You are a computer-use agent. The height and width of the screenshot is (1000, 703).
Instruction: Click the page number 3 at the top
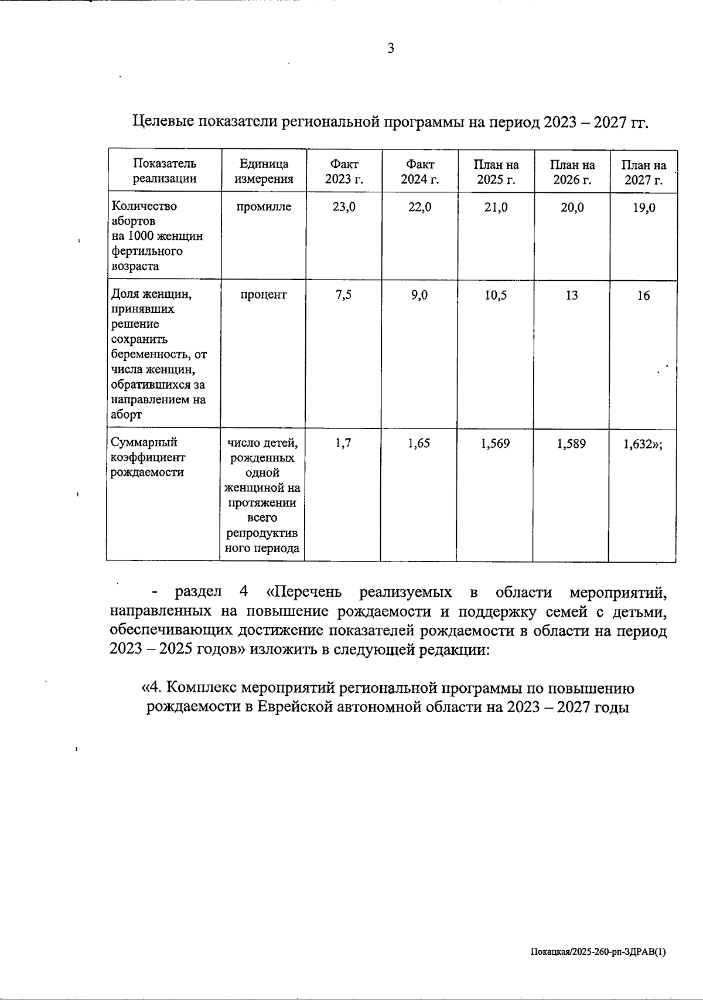pyautogui.click(x=391, y=49)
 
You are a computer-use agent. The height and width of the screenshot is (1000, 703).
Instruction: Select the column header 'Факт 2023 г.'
pyautogui.click(x=344, y=172)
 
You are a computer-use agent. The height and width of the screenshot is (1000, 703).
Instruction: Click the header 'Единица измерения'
pyautogui.click(x=264, y=172)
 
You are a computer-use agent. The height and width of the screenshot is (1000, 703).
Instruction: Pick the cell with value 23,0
pyautogui.click(x=344, y=208)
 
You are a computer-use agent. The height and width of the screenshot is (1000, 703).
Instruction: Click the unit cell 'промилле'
pyautogui.click(x=264, y=207)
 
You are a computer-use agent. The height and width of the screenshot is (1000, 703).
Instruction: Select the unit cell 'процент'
pyautogui.click(x=264, y=295)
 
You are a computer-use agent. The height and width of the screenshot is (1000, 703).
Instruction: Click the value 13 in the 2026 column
pyautogui.click(x=572, y=295)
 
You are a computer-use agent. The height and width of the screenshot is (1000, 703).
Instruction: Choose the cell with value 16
pyautogui.click(x=643, y=296)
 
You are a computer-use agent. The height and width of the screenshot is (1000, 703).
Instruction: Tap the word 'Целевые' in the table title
pyautogui.click(x=165, y=122)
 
